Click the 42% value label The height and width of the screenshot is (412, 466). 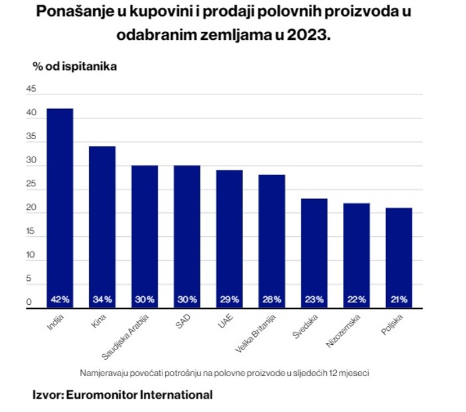[x=60, y=300]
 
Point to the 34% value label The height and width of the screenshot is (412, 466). [x=103, y=300]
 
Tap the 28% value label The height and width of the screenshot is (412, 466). [x=272, y=300]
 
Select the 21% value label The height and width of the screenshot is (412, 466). [x=399, y=300]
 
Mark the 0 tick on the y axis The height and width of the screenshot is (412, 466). [x=29, y=303]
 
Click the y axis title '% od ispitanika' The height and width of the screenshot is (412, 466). [x=75, y=67]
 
